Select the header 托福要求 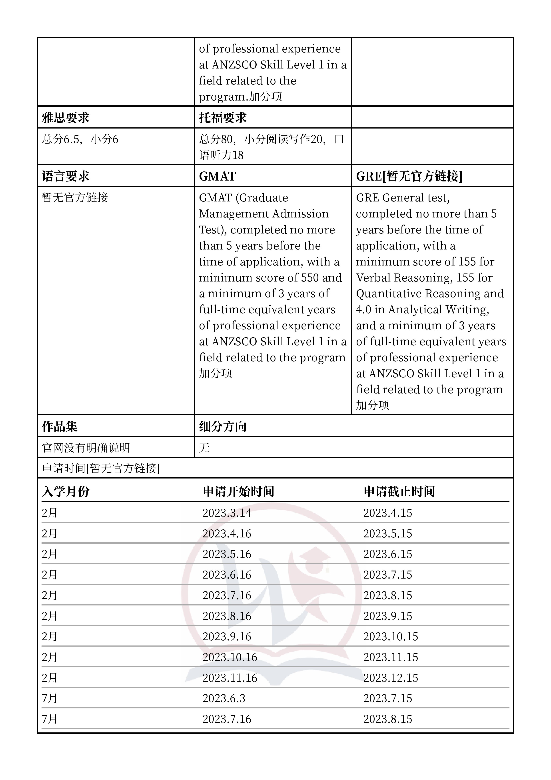coord(222,118)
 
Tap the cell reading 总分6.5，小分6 coord(80,139)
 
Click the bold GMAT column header coord(217,176)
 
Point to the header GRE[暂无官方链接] coord(409,176)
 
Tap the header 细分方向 coord(222,427)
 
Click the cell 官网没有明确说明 coord(86,448)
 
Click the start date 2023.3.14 coord(227,513)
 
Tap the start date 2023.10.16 coord(230,657)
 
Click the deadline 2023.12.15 coord(390,678)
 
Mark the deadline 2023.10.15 coord(390,637)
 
